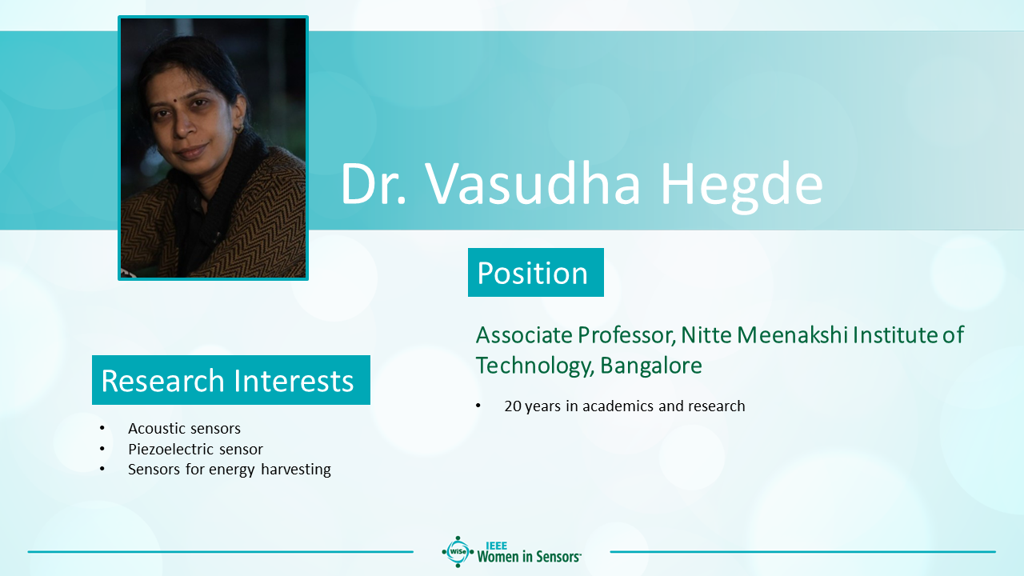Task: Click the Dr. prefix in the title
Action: pos(373,184)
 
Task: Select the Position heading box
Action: pos(536,273)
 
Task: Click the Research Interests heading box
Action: pos(231,380)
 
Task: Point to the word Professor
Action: pos(626,335)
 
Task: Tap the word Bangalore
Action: pos(651,366)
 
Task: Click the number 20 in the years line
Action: pos(513,406)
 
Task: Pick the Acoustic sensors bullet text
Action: pos(184,428)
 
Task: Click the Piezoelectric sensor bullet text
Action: pos(196,449)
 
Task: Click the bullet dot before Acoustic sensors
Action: pos(102,428)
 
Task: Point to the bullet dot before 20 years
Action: pos(478,406)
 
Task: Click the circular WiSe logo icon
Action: pos(458,552)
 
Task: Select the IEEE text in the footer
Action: pos(496,546)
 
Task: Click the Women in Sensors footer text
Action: pos(529,557)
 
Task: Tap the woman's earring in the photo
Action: pos(238,130)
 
